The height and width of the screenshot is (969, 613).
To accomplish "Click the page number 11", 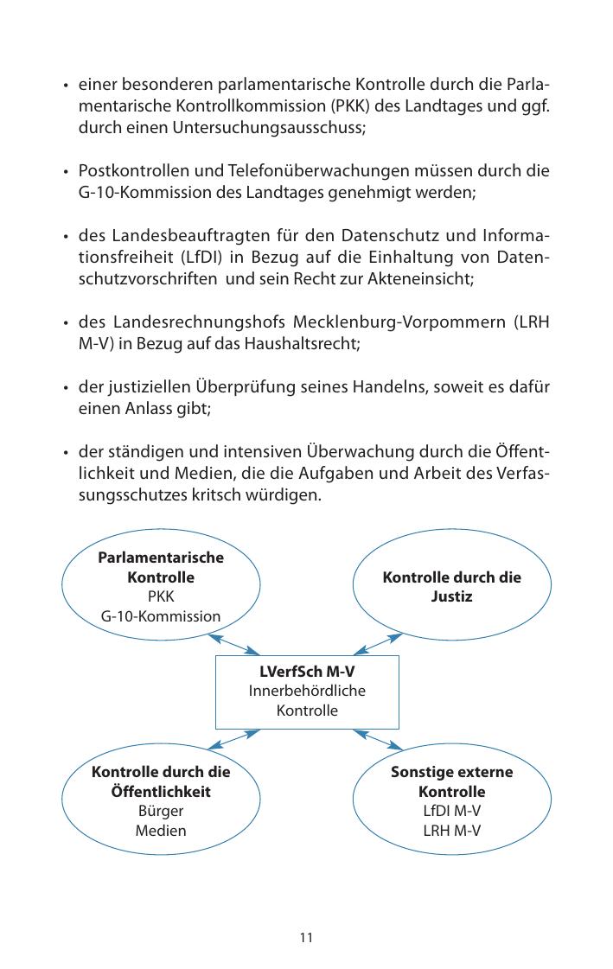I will click(x=306, y=937).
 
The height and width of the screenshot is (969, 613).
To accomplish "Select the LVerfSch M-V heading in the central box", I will click(x=307, y=672).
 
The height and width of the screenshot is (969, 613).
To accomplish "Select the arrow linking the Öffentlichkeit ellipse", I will click(x=234, y=740).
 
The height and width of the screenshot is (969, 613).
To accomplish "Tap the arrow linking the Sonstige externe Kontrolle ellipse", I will click(x=379, y=740).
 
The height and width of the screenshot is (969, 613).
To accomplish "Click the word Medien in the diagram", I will click(x=161, y=831).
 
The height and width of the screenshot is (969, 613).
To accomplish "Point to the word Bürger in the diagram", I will click(x=161, y=812).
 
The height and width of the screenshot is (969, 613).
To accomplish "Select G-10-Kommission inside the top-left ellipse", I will click(x=161, y=616).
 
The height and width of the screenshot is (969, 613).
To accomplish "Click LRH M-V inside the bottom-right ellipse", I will click(x=451, y=831).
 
